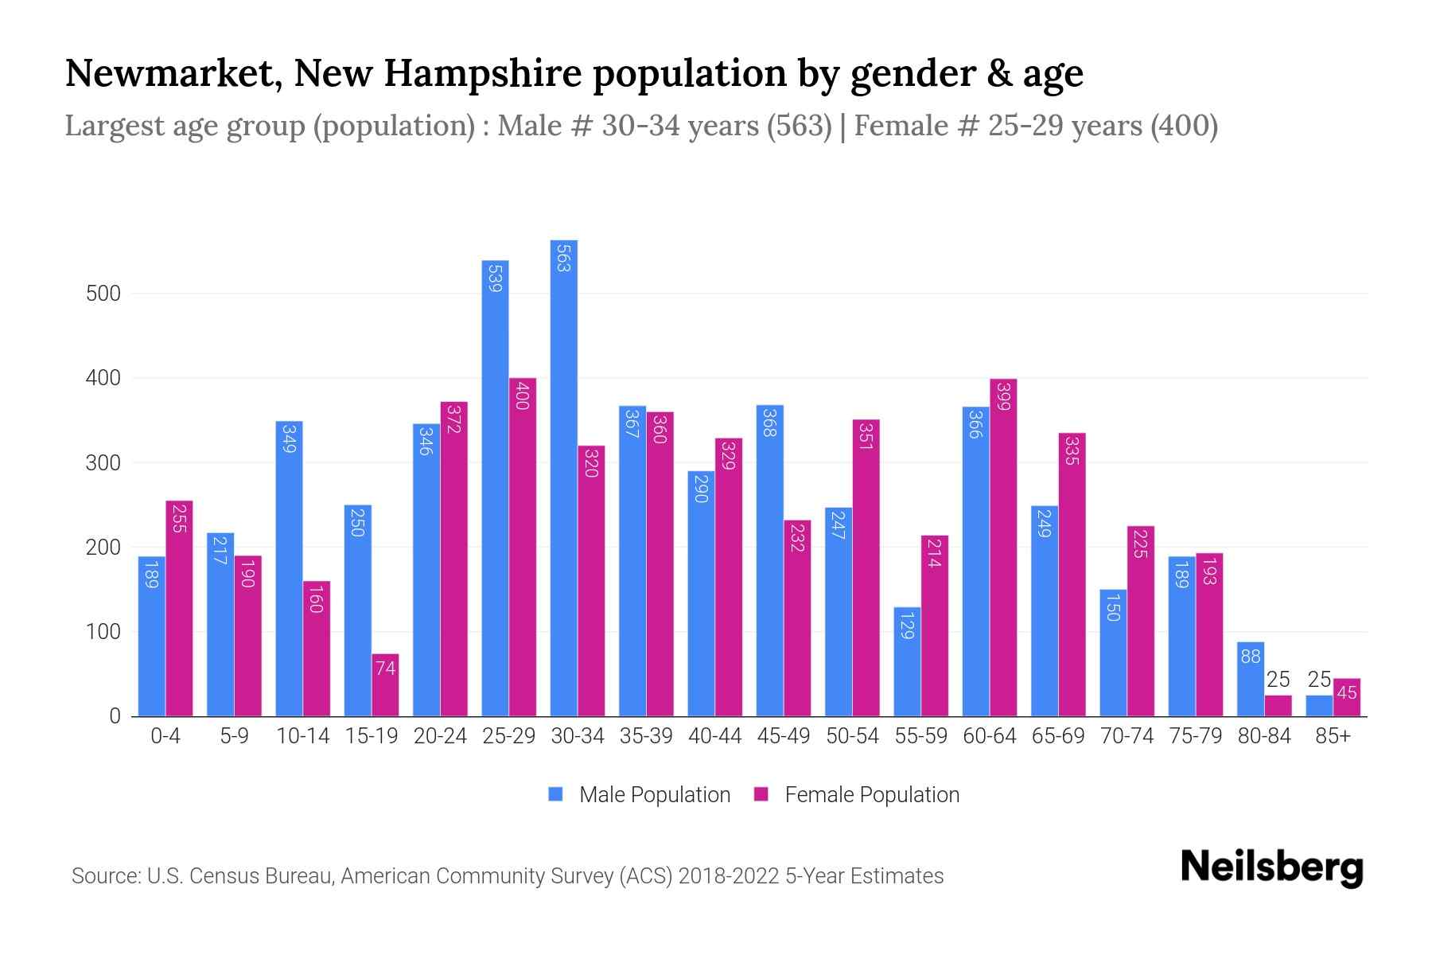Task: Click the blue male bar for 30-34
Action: [x=563, y=477]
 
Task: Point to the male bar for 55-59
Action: [x=907, y=661]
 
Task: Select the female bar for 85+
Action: [x=1347, y=697]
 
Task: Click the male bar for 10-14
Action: [x=289, y=568]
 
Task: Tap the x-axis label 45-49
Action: [x=783, y=736]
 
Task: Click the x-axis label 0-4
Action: [x=165, y=736]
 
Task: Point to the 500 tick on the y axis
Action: [x=103, y=294]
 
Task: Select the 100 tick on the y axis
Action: [x=103, y=632]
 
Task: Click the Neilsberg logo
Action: [x=1271, y=867]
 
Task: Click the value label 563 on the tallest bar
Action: [x=563, y=259]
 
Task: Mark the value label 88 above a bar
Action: [x=1251, y=657]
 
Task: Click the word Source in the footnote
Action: [x=106, y=876]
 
